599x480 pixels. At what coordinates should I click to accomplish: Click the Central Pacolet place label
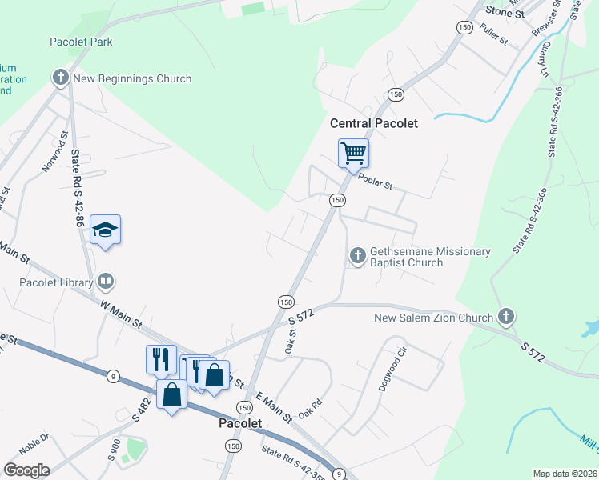pos(374,123)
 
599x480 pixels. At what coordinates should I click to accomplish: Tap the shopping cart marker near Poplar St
pos(353,153)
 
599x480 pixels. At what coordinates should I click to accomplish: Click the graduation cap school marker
pos(105,230)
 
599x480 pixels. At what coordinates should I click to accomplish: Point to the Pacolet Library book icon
pos(106,282)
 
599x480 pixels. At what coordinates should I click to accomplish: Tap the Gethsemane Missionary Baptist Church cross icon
pos(357,256)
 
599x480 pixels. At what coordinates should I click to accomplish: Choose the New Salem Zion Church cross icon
pos(505,318)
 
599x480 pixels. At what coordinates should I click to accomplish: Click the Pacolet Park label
pos(81,42)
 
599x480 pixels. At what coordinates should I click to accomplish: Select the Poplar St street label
pos(375,184)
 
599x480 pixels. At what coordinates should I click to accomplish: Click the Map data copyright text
pos(564,474)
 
